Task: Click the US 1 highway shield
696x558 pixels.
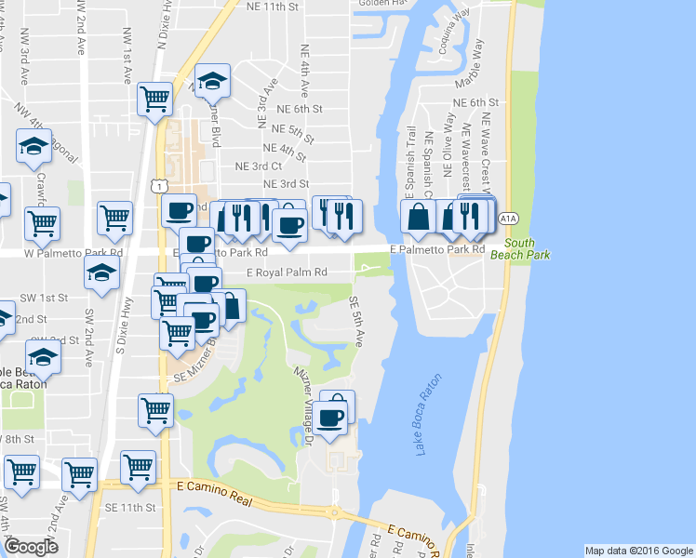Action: pos(161,187)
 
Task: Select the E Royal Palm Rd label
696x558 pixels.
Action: pos(288,272)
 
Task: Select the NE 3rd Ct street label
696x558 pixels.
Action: pos(258,166)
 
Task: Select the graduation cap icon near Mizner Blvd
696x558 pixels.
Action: pos(213,82)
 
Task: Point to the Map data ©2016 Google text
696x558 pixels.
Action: pos(638,551)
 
